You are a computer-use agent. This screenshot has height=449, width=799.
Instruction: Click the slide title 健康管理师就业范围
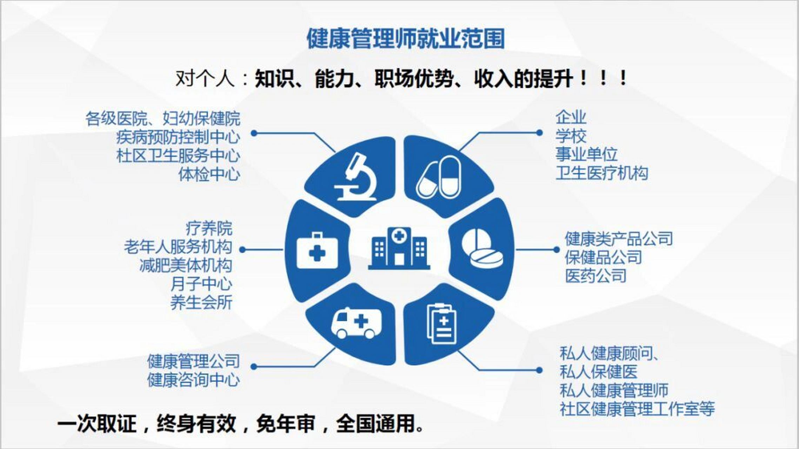pos(405,39)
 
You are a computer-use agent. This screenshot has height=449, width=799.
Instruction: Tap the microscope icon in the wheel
pos(354,177)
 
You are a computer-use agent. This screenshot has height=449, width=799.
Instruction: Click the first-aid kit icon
pos(317,250)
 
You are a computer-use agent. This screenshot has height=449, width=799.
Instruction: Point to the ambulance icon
pos(356,323)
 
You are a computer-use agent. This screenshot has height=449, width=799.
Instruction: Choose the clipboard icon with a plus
pos(442,324)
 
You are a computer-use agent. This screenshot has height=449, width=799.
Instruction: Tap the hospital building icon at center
pos(399,248)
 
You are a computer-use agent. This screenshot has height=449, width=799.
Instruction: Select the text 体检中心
pos(209,174)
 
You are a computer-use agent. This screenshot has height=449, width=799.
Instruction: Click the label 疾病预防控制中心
pos(178,137)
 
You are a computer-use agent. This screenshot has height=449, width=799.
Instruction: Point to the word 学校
pos(571,136)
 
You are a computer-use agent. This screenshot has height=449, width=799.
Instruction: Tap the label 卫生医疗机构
pos(601,173)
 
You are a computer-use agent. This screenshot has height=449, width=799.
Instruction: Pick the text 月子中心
pos(201,284)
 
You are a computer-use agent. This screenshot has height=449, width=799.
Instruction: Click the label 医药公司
pos(595,276)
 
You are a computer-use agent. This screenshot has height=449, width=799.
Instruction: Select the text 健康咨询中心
pos(193,380)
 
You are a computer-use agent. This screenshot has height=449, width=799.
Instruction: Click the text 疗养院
pos(209,229)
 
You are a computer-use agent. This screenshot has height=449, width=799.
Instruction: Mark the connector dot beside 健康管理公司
pos(254,367)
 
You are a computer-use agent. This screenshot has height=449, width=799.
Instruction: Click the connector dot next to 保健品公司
pos(556,250)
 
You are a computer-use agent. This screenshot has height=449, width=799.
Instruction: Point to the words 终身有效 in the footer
pos(197,424)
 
